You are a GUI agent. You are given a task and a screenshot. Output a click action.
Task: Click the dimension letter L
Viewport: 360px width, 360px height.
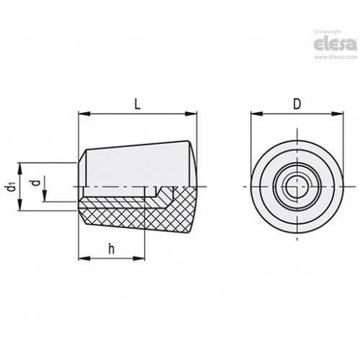(138, 104)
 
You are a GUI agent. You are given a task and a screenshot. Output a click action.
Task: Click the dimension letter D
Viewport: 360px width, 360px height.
(297, 104)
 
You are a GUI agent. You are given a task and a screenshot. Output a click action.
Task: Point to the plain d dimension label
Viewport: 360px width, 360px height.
(36, 183)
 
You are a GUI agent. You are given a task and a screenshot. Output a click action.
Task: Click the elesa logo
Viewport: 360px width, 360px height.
(336, 44)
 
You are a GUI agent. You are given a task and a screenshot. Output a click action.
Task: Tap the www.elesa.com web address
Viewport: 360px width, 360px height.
(336, 57)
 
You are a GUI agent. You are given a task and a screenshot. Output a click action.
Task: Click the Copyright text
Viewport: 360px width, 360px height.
(328, 32)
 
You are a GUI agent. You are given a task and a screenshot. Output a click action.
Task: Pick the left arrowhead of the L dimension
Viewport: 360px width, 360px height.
(84, 114)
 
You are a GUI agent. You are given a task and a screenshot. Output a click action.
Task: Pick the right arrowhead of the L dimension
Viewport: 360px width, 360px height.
(191, 114)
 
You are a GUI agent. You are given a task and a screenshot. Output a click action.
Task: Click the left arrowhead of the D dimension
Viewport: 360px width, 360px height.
(256, 114)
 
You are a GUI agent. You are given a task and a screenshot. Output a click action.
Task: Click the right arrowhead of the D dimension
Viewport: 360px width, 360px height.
(338, 114)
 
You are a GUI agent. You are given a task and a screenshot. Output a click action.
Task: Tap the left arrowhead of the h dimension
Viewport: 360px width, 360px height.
(84, 258)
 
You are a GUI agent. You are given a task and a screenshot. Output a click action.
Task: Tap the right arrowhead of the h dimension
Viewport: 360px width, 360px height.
(139, 258)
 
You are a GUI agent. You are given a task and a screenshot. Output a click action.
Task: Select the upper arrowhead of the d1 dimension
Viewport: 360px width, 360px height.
(20, 168)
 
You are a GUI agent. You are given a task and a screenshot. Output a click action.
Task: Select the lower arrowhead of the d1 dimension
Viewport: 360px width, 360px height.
(20, 205)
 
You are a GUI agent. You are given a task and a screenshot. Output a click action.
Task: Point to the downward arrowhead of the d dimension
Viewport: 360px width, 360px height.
(45, 196)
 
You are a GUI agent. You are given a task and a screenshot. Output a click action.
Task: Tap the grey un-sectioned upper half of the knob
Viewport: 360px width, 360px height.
(137, 166)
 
